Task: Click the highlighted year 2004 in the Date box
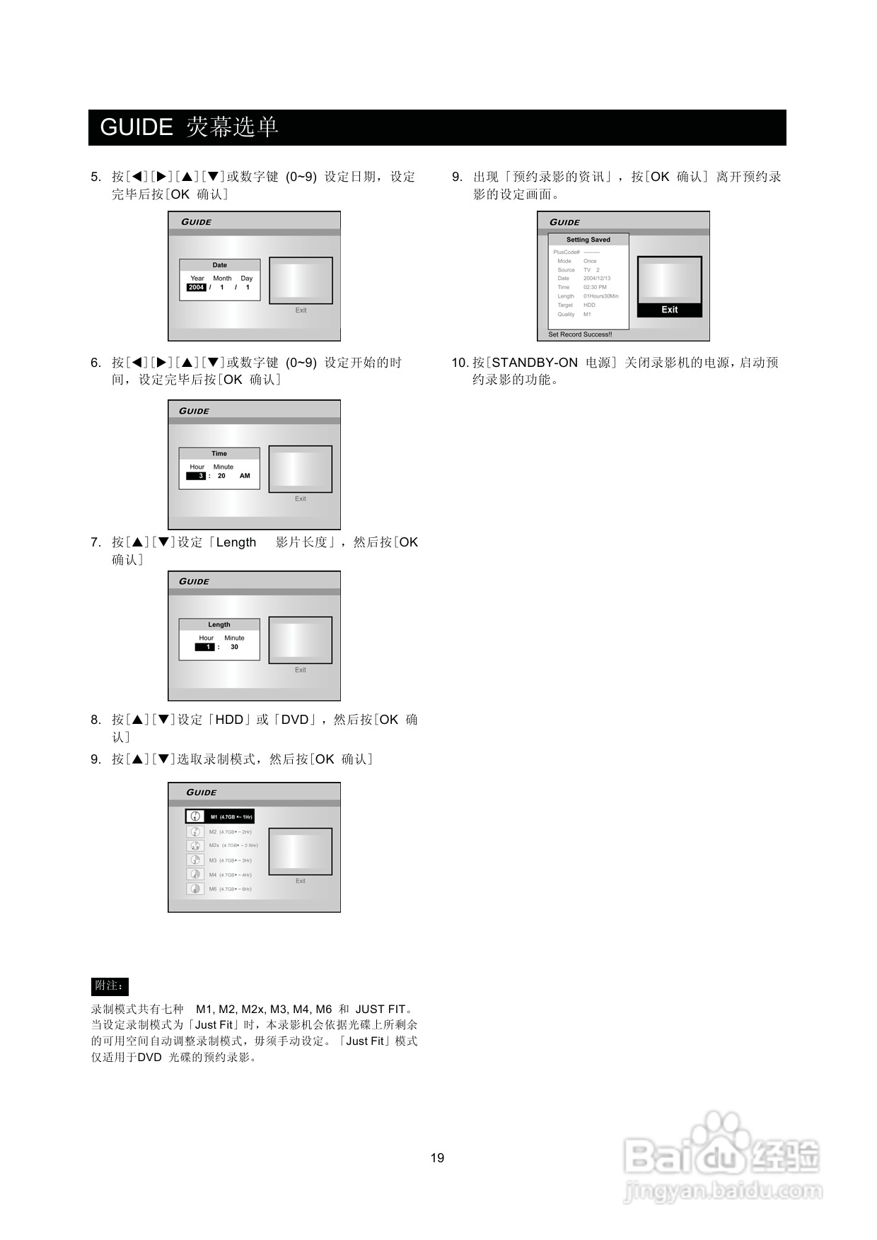[x=196, y=288]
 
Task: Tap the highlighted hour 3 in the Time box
[x=197, y=476]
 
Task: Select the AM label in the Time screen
[x=245, y=476]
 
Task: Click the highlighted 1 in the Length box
[x=205, y=648]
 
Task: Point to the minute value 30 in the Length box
[x=234, y=648]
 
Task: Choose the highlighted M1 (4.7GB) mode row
[x=220, y=817]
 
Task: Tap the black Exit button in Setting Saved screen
[x=669, y=310]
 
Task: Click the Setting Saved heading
[x=588, y=240]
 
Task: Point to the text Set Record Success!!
[x=580, y=334]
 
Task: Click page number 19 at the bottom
[x=437, y=1158]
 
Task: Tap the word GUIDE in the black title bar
[x=137, y=127]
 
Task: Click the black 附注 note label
[x=110, y=985]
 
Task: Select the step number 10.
[x=460, y=363]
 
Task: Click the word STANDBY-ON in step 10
[x=535, y=363]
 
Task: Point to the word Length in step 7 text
[x=236, y=542]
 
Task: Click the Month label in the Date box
[x=222, y=279]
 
